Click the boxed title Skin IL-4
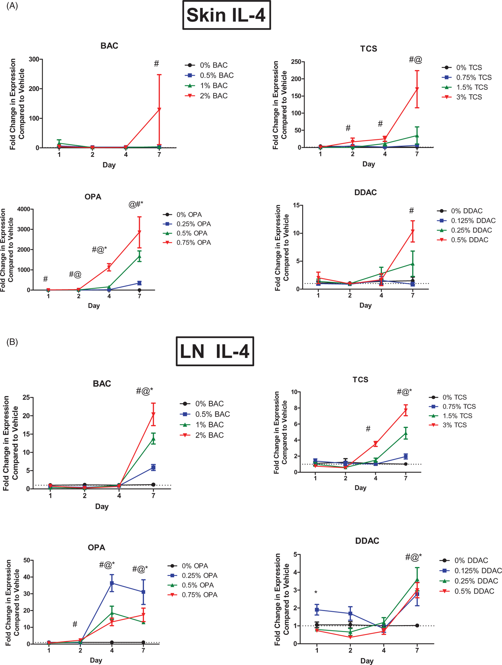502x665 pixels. pos(226,16)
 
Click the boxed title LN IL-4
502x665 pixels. pos(215,351)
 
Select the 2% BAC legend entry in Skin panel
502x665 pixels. pos(214,96)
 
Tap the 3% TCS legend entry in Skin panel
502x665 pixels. pos(469,97)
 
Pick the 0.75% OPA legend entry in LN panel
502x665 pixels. pos(199,595)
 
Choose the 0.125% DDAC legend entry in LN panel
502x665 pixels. pos(478,571)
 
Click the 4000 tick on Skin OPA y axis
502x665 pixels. pos(24,209)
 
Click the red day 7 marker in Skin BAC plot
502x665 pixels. pos(159,109)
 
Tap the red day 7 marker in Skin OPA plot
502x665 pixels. pos(139,232)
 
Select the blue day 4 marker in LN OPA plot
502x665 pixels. pos(112,583)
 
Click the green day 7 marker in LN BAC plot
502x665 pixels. pos(153,439)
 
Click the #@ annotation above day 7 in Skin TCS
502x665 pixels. pos(416,59)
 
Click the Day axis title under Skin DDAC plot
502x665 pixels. pos(365,306)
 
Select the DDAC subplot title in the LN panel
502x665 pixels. pos(367,541)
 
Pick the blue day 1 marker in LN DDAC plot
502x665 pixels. pos(317,610)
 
